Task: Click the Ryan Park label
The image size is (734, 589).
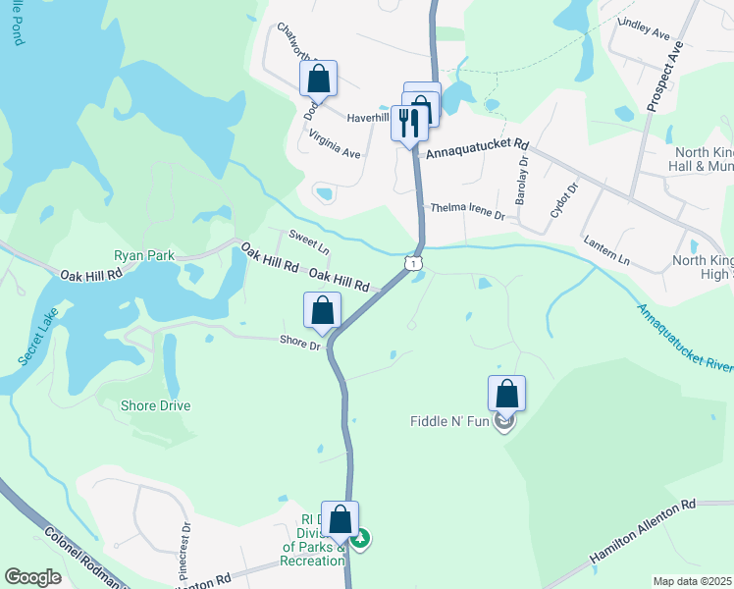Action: [144, 255]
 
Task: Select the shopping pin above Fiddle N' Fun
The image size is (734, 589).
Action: [506, 394]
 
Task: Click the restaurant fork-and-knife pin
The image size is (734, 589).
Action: [409, 123]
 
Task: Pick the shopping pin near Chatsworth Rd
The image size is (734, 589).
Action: [318, 79]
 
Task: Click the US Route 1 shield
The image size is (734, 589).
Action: [415, 263]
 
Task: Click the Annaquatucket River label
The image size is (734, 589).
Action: [685, 340]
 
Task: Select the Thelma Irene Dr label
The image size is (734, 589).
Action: [466, 211]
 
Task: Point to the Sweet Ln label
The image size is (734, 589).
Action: [307, 241]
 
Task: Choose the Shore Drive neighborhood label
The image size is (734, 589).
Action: [155, 405]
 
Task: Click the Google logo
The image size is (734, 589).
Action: [33, 577]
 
